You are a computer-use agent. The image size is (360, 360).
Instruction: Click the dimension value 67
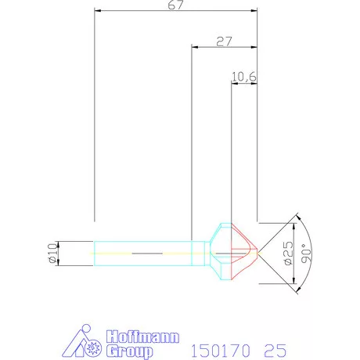(x=175, y=5)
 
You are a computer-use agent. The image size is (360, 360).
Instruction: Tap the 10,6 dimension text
(x=244, y=77)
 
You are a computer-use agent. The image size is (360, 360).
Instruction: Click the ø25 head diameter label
(x=288, y=253)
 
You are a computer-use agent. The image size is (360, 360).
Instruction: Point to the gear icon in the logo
(x=94, y=345)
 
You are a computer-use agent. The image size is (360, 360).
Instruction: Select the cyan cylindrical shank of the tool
(x=145, y=253)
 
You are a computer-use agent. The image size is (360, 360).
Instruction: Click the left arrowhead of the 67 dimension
(x=96, y=10)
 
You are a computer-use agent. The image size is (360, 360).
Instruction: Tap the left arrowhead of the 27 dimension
(x=195, y=47)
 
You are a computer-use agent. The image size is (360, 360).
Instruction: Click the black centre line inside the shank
(x=149, y=254)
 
